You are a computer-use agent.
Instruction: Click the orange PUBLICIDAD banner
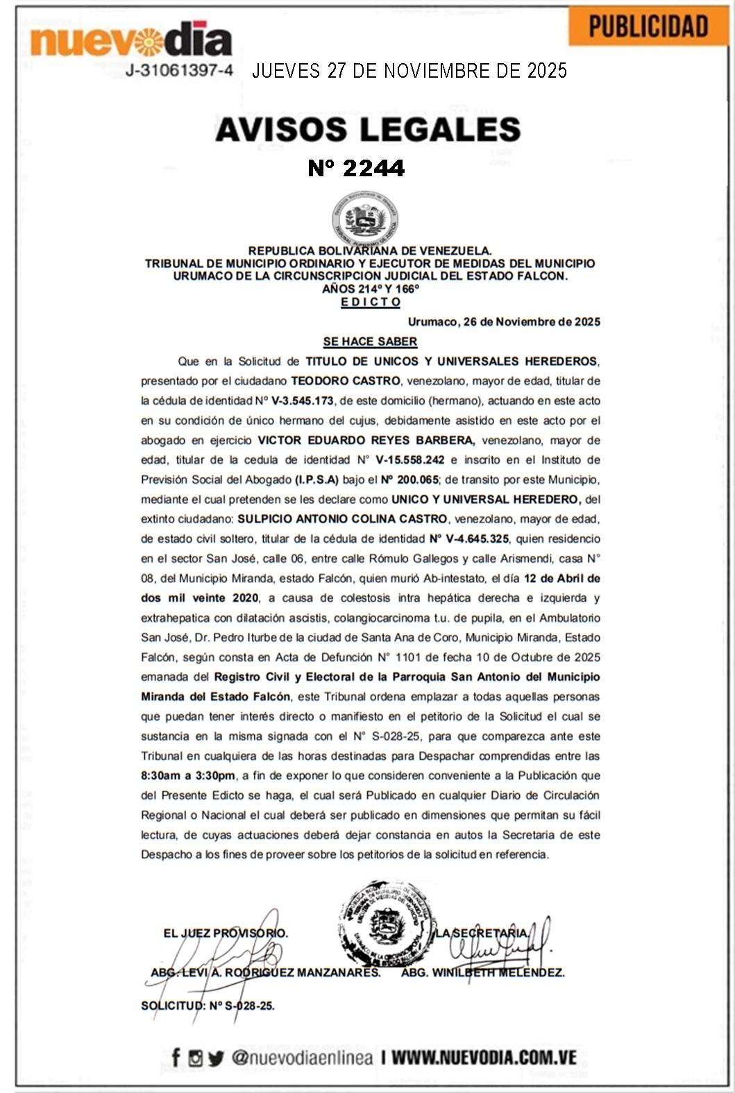648,26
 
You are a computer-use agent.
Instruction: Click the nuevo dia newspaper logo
131,41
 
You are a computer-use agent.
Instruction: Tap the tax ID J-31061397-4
179,70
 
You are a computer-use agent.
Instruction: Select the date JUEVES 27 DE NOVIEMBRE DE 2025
409,71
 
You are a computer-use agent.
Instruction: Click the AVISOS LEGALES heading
368,130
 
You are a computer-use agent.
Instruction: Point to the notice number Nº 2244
356,168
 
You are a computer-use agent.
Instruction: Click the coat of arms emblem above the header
365,220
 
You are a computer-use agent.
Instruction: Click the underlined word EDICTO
371,302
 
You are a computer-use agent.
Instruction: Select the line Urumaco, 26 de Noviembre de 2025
504,322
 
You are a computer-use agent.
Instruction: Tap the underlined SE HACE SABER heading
370,341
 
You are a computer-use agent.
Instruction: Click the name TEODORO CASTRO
345,381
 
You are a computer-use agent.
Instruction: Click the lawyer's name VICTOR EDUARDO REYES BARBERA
366,440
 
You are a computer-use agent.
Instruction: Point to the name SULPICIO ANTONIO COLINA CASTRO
342,518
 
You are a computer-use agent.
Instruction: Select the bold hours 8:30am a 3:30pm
188,776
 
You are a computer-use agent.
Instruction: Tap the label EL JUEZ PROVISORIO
226,933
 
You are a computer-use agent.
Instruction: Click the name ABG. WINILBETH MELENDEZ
482,972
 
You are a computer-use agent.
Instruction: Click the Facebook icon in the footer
176,1058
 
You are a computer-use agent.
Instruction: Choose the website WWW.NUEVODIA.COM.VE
484,1058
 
